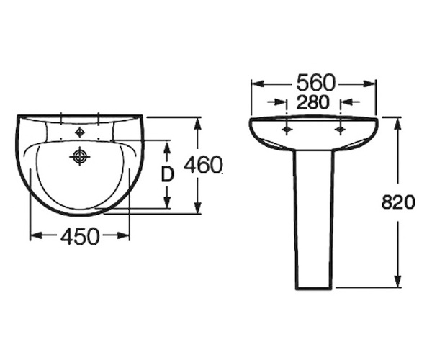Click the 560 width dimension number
(315, 82)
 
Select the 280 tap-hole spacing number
(313, 102)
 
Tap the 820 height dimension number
(398, 202)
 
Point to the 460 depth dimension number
(203, 165)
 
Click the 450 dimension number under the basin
(80, 236)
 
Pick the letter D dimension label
(168, 175)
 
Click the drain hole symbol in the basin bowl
(80, 157)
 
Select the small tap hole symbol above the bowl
(79, 132)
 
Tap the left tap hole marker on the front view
(287, 129)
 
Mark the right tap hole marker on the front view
(341, 129)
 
